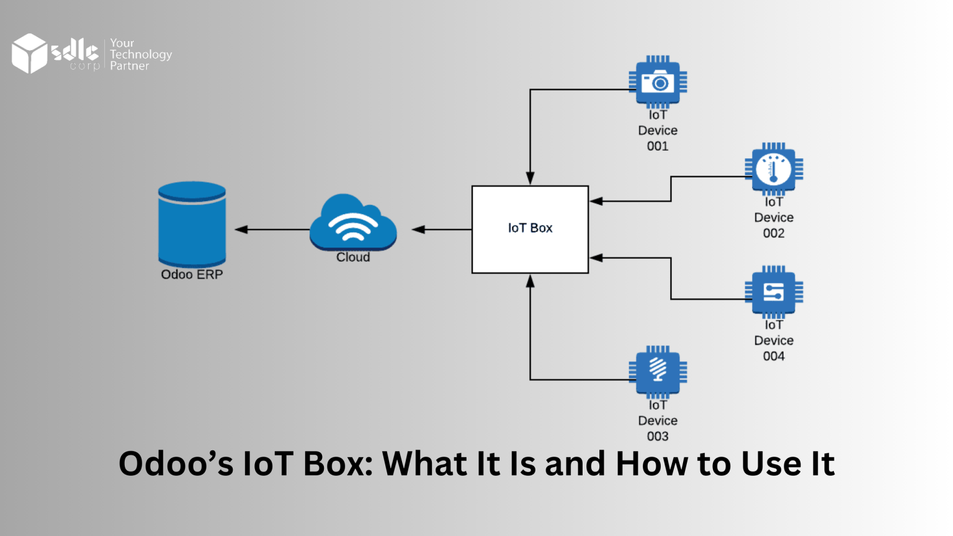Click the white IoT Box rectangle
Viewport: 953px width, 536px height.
coord(530,229)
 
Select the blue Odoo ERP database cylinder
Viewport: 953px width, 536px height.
coord(192,224)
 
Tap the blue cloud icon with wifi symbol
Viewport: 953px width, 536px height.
coord(353,223)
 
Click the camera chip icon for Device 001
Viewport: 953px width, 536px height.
coord(658,82)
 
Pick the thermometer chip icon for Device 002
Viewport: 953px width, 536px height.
coord(774,169)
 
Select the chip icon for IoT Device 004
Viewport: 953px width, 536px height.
coord(774,292)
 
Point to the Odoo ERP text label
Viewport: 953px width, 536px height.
coord(192,274)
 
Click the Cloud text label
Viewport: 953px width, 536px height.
coord(353,257)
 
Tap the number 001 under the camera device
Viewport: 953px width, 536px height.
coord(658,146)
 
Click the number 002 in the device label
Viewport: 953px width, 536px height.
coord(774,233)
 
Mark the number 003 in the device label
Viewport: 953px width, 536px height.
coord(658,436)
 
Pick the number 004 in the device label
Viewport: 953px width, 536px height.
coord(774,356)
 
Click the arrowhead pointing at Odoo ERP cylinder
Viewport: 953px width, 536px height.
coord(241,230)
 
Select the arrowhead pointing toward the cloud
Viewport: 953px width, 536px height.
coord(419,230)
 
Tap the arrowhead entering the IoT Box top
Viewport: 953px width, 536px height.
coord(530,179)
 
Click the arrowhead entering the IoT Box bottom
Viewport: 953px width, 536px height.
coord(530,281)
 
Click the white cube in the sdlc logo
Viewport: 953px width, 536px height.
coord(29,53)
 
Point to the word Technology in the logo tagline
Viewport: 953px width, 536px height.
coord(141,55)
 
